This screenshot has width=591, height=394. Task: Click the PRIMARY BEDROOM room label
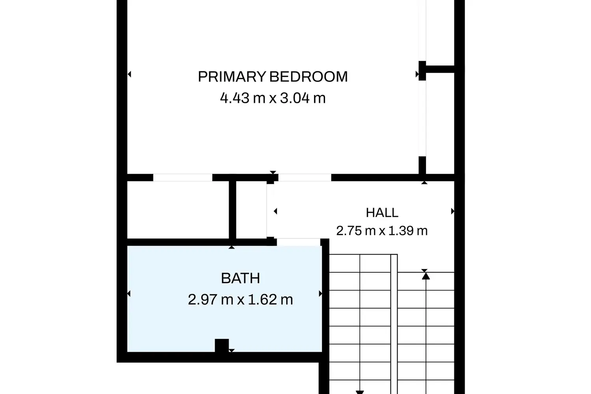(x=273, y=77)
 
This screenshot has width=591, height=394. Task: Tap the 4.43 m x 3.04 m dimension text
(x=273, y=98)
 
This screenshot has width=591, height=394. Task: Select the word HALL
(x=382, y=213)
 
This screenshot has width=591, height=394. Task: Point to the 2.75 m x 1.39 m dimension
(x=382, y=231)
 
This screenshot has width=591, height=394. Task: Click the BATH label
(x=240, y=278)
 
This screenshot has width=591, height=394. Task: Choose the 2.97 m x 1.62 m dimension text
(x=240, y=299)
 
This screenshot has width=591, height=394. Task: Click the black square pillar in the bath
(x=221, y=346)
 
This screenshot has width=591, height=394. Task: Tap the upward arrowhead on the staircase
(x=426, y=276)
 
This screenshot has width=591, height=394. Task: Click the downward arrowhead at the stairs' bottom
(x=360, y=392)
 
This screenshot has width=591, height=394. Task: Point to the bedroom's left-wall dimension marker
(x=129, y=74)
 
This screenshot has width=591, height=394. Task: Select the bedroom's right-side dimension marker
(x=417, y=74)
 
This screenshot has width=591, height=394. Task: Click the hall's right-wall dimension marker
(x=453, y=211)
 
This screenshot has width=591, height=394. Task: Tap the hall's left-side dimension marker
(x=275, y=211)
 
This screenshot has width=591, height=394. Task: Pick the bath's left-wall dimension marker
(x=129, y=294)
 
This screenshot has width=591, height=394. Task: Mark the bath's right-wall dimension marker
(x=321, y=294)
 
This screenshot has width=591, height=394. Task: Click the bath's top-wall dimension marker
(x=231, y=247)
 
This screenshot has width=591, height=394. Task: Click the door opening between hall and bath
(x=299, y=242)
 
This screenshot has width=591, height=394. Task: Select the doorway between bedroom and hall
(x=305, y=178)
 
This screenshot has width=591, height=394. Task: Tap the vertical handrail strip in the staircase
(x=394, y=324)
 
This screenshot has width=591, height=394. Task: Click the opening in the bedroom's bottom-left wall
(x=183, y=178)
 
